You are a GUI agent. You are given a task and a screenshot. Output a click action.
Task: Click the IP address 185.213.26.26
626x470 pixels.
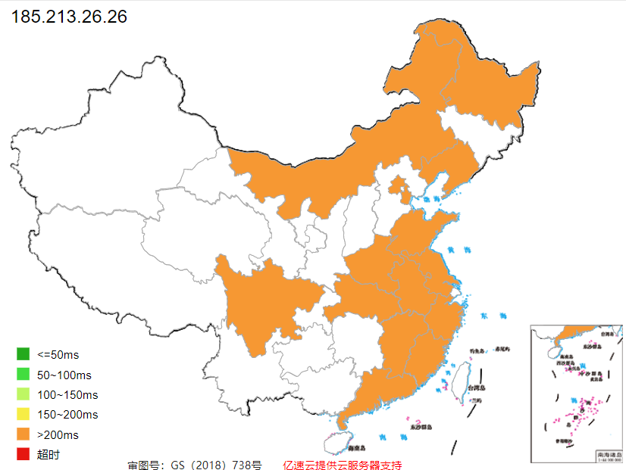69,16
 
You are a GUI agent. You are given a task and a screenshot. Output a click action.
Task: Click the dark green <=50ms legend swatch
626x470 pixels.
23,354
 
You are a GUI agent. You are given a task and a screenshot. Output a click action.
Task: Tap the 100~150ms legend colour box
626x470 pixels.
23,394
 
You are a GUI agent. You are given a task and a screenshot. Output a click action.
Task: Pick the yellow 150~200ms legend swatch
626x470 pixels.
23,415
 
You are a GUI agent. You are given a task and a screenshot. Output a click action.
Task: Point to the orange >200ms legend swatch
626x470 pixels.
23,434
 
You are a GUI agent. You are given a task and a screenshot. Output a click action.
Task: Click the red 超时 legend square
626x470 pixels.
23,454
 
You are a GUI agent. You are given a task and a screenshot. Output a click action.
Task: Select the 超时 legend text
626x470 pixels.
48,455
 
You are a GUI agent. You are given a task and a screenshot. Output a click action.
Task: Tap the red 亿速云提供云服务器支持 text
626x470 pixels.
342,464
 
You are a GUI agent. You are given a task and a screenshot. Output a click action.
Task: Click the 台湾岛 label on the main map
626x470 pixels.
475,388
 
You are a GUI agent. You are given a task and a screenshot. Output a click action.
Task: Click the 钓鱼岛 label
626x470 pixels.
476,350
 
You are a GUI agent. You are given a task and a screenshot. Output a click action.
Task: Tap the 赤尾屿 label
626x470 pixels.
502,349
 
